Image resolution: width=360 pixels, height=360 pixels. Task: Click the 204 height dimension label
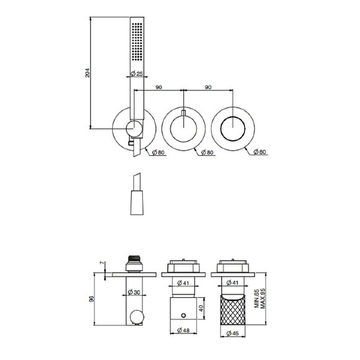[88, 73]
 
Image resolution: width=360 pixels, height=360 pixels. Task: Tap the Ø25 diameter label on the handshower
[137, 74]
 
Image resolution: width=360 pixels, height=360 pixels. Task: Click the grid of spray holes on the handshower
[137, 42]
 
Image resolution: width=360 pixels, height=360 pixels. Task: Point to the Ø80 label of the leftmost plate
[158, 152]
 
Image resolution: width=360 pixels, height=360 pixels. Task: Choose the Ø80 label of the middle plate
[207, 152]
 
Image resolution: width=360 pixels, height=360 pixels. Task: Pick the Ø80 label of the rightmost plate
[259, 152]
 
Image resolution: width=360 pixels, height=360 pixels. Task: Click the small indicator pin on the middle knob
[184, 112]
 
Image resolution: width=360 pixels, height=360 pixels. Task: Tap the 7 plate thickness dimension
[102, 263]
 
